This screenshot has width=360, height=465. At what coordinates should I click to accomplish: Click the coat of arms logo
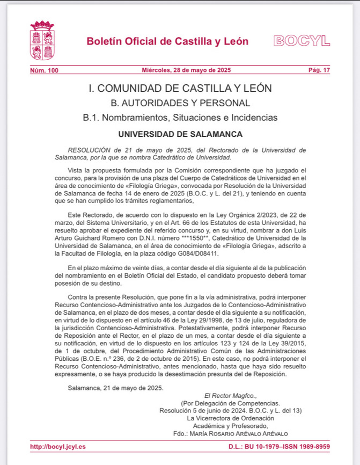coord(41,40)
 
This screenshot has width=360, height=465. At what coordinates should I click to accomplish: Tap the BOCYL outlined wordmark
coord(302,41)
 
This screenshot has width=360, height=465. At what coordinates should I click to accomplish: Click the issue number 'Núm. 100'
coord(44,70)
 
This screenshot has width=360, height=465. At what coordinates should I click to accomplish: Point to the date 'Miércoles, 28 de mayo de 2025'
coord(186,70)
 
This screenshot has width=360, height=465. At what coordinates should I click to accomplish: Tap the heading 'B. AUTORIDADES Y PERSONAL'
coord(180,103)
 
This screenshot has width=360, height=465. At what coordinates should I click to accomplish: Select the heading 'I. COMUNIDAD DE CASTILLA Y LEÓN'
coord(180,88)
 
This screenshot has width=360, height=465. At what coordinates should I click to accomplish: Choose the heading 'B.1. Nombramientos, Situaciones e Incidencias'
coord(180,118)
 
